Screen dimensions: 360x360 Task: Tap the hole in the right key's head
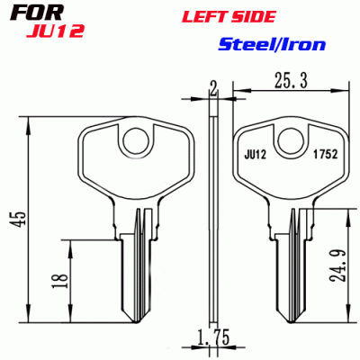click(x=291, y=139)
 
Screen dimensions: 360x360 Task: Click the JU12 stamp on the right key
click(x=257, y=155)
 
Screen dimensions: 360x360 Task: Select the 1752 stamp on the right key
click(x=325, y=155)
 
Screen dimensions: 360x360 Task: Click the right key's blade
click(x=290, y=270)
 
